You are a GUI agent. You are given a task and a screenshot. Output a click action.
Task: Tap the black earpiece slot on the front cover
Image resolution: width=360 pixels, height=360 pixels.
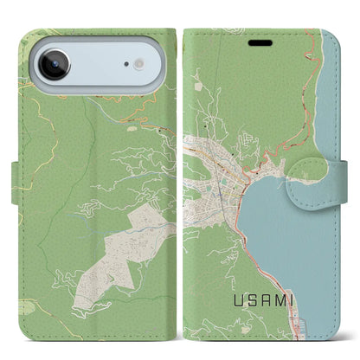[x=260, y=41]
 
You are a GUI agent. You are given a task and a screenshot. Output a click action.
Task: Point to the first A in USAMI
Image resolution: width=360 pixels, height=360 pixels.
[x=264, y=300]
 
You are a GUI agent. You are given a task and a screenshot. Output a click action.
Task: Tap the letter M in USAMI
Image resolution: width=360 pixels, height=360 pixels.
[x=280, y=300]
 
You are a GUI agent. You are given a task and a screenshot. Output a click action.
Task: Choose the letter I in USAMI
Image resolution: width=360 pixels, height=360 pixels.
[x=292, y=300]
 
